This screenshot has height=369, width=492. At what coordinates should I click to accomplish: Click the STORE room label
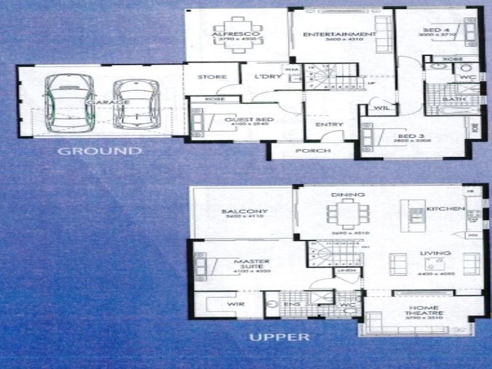(212, 77)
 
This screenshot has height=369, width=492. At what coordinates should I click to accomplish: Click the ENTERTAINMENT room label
(339, 34)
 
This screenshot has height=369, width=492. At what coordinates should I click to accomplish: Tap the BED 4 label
(437, 30)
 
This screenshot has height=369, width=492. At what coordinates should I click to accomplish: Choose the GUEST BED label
(240, 120)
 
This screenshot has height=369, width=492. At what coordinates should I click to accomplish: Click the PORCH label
(313, 151)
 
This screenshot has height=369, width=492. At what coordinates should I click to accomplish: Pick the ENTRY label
(329, 125)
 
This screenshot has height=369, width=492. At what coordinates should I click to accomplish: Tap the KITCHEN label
(446, 209)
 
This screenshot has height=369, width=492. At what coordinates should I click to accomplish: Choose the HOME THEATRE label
(424, 311)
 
